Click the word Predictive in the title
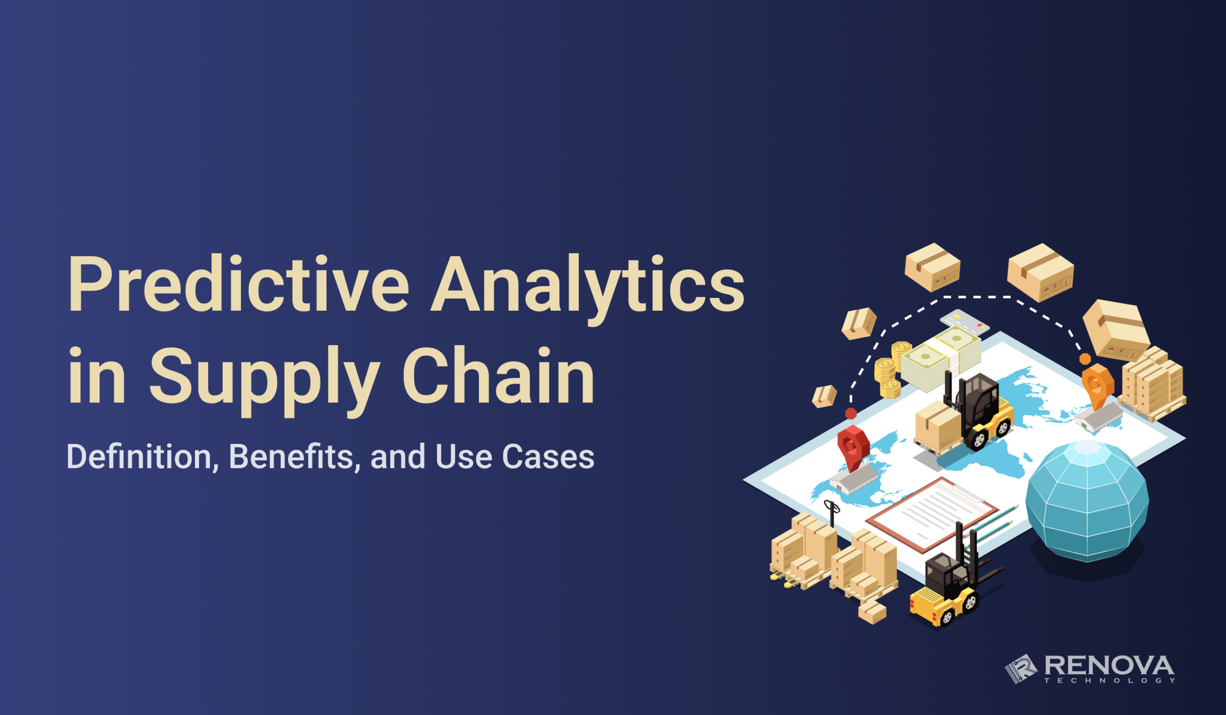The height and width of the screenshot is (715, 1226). pos(238,284)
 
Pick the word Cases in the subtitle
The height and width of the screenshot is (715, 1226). pos(548,457)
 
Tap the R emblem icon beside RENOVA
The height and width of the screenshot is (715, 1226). pos(1021,669)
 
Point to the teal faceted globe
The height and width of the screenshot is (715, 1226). pos(1087,501)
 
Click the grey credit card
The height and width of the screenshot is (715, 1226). pos(965,322)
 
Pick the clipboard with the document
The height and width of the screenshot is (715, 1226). pos(931,514)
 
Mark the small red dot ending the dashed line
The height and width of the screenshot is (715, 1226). pos(851,413)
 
